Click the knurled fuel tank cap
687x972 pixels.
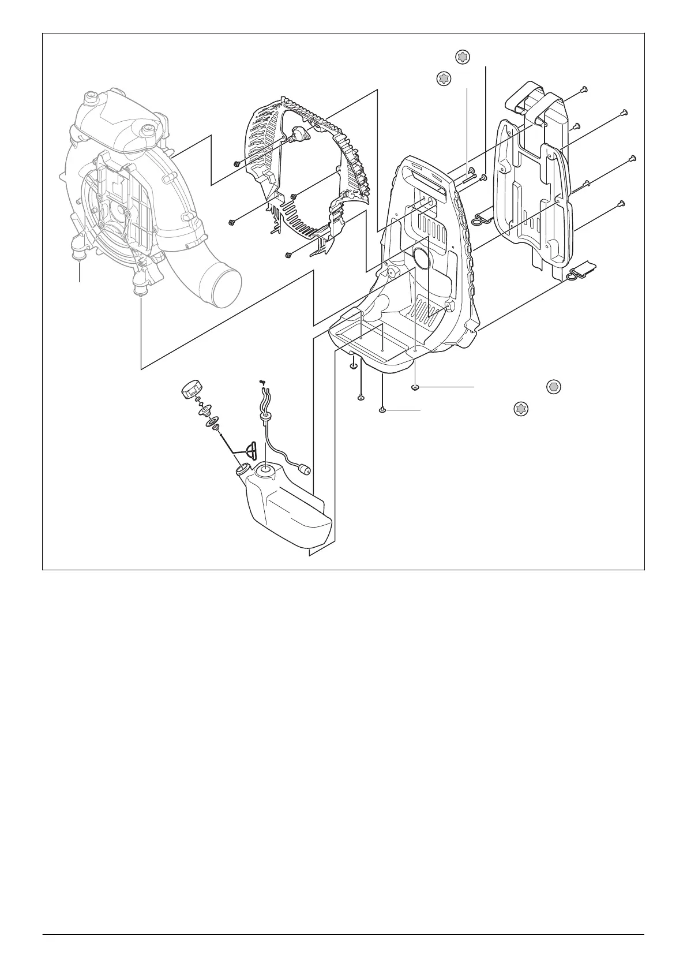click(x=191, y=390)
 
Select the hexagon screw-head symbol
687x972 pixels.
click(x=553, y=387)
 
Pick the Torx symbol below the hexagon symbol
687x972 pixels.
click(x=521, y=409)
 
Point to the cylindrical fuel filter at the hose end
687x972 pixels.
click(x=303, y=468)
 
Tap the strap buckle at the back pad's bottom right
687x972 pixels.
click(x=581, y=270)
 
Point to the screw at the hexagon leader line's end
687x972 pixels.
click(x=415, y=386)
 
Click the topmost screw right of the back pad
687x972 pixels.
click(x=584, y=89)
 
